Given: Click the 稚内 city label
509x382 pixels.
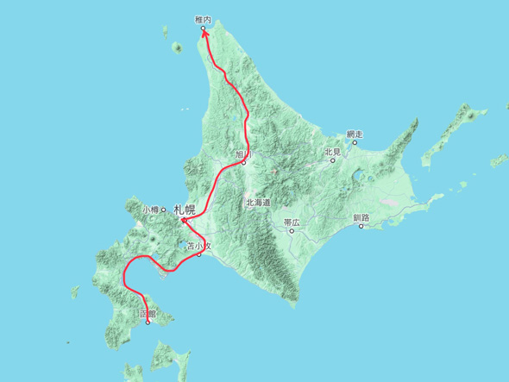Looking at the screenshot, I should pyautogui.click(x=204, y=20).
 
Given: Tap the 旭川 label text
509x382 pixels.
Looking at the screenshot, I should pyautogui.click(x=242, y=154).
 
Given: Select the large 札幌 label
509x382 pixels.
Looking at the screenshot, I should pyautogui.click(x=185, y=209).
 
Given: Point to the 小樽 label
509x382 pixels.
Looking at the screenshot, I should pyautogui.click(x=151, y=209).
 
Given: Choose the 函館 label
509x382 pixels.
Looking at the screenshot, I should pyautogui.click(x=146, y=314).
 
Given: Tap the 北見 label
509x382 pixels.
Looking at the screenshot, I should pyautogui.click(x=332, y=152).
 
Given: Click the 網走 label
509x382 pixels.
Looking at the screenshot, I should pyautogui.click(x=354, y=134).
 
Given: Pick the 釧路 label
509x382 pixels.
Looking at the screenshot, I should pyautogui.click(x=361, y=217).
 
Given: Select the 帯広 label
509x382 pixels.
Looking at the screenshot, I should pyautogui.click(x=292, y=222).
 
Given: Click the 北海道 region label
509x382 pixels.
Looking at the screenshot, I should pyautogui.click(x=258, y=203).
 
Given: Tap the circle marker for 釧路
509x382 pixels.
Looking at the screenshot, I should pyautogui.click(x=361, y=226).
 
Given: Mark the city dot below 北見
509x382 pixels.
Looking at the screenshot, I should pyautogui.click(x=332, y=160).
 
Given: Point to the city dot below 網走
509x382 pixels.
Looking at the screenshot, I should pyautogui.click(x=354, y=142).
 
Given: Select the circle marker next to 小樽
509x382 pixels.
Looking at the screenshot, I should pyautogui.click(x=164, y=210).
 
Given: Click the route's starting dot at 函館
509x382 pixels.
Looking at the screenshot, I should pyautogui.click(x=148, y=323).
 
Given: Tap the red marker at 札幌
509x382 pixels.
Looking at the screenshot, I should pyautogui.click(x=185, y=221).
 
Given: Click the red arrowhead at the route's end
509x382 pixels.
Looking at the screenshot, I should pyautogui.click(x=204, y=33).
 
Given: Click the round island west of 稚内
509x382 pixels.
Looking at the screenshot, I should pyautogui.click(x=177, y=47).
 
